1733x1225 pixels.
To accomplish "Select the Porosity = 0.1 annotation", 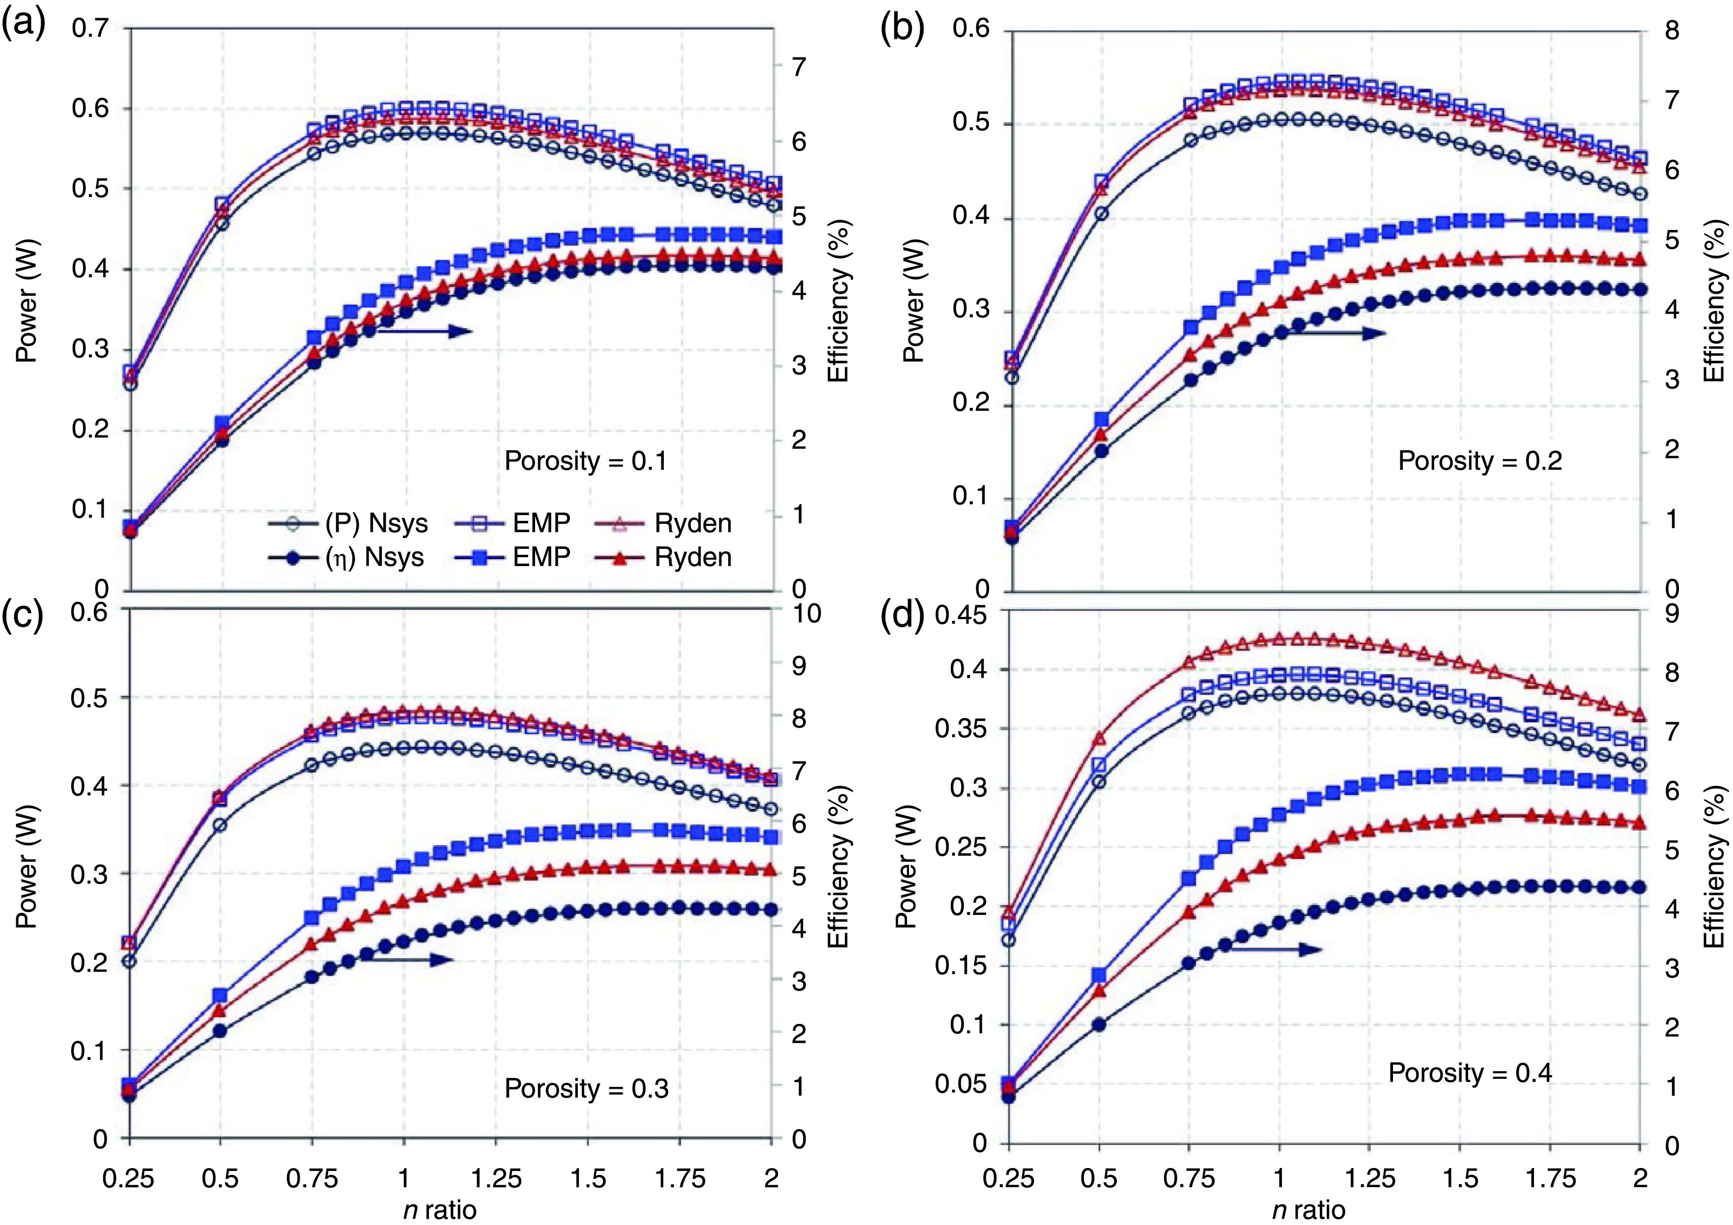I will [586, 460].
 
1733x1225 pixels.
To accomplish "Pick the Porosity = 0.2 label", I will [1479, 460].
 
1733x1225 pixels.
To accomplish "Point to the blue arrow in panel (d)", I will [1276, 949].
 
